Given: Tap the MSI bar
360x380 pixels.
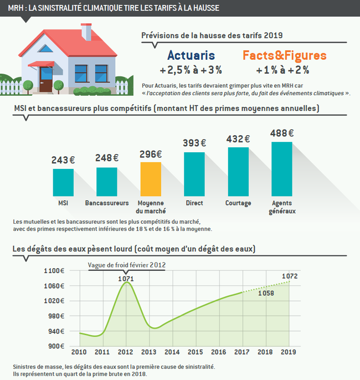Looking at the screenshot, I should tap(63, 182).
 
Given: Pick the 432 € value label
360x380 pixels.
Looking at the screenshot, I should tap(238, 139).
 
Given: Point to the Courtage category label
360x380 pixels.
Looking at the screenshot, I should tap(238, 203).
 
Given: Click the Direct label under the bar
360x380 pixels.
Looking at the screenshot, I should tap(194, 203).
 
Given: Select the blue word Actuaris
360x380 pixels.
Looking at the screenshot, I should tap(191, 56).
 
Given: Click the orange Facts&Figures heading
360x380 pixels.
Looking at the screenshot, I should tap(284, 56).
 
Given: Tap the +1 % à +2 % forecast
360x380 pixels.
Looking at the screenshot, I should tap(282, 70).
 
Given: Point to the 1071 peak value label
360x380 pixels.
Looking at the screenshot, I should tap(126, 279).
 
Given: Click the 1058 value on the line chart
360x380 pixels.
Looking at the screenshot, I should tap(266, 294).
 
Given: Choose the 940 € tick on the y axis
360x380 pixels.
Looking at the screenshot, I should tap(56, 331).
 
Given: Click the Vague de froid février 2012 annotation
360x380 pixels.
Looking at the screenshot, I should tap(127, 265).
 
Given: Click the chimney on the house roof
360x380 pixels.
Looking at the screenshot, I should tap(86, 32).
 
